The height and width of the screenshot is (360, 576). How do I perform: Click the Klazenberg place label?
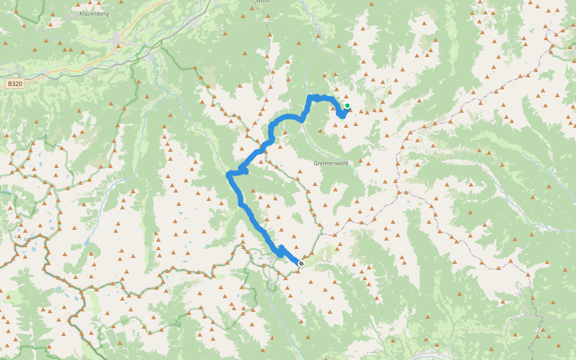point(94,13)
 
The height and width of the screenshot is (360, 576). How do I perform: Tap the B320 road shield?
point(16,84)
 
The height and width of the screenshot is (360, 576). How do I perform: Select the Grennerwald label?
point(330,163)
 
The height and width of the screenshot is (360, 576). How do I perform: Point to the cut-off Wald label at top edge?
point(262,2)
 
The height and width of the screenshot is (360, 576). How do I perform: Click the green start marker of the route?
point(347,106)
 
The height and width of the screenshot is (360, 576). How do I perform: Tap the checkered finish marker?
point(301,263)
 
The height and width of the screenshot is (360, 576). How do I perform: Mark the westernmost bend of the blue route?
point(229,175)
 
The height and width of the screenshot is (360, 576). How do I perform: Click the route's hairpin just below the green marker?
point(342,116)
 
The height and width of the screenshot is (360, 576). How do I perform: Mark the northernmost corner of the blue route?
point(310,97)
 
